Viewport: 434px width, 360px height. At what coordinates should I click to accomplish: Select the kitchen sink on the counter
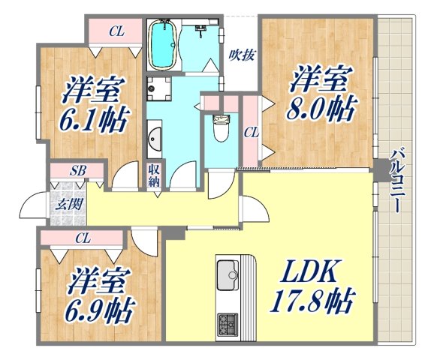228,274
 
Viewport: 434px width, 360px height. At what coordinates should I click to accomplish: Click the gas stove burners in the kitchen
228,325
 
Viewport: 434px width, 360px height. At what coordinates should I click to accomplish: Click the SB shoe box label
78,171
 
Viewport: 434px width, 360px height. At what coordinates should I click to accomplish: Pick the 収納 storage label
154,177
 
